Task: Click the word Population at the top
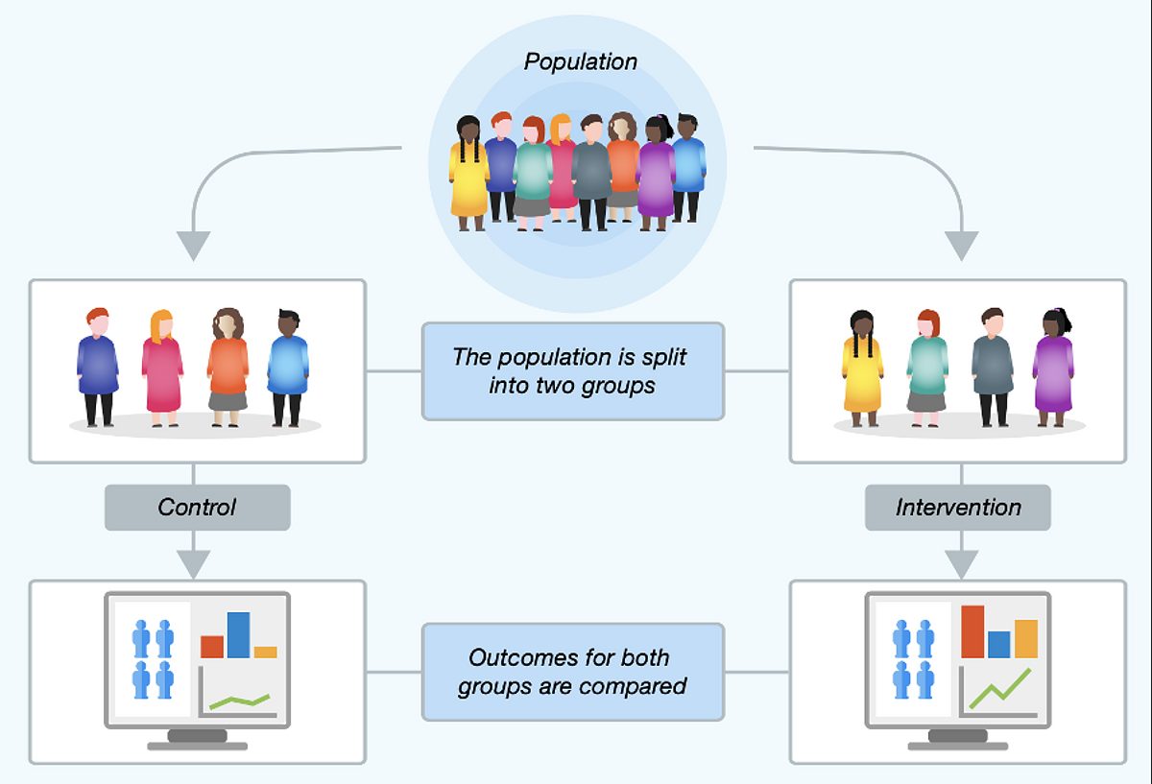click(x=581, y=62)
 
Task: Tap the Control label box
click(x=198, y=508)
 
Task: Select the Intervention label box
click(x=958, y=508)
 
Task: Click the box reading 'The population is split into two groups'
click(x=573, y=371)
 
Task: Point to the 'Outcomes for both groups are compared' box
click(x=573, y=672)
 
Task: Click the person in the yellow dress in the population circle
click(x=468, y=173)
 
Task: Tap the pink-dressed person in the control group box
click(x=162, y=368)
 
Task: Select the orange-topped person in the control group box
click(x=228, y=368)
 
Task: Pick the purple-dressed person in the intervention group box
click(x=1053, y=368)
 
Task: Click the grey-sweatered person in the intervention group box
click(x=993, y=368)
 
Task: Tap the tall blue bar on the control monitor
click(x=239, y=635)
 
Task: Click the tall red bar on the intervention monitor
click(x=972, y=631)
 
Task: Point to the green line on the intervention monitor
click(x=1000, y=690)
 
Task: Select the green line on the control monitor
click(x=240, y=701)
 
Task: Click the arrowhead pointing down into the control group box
click(x=193, y=245)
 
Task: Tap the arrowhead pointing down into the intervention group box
click(x=962, y=245)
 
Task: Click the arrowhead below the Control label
click(x=193, y=563)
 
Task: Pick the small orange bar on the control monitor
click(x=265, y=653)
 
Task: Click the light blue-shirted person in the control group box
click(x=289, y=368)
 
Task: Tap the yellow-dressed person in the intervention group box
click(x=862, y=368)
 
